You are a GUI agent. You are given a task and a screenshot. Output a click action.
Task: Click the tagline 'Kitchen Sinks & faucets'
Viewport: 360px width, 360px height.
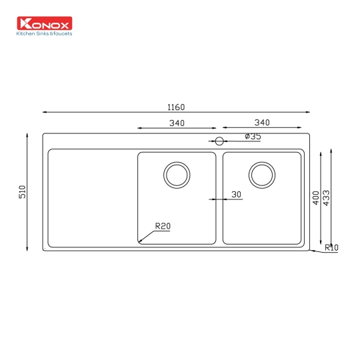(x=44, y=33)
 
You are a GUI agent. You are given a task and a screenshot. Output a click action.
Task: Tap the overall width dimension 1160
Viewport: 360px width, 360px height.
(x=176, y=107)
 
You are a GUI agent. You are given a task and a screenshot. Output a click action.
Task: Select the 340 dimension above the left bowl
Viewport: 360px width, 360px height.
(x=177, y=123)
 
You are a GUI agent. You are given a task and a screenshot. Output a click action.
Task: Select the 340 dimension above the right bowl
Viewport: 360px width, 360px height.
(x=262, y=123)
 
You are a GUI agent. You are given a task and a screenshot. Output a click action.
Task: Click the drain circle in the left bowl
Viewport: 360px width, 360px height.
(x=177, y=175)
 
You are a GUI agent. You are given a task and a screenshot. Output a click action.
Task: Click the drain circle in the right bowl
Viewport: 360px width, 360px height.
(x=262, y=175)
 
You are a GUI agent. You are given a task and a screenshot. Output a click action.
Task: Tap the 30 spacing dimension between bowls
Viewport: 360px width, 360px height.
(x=236, y=195)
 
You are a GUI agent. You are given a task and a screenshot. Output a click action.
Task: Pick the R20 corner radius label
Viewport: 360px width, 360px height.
(x=163, y=227)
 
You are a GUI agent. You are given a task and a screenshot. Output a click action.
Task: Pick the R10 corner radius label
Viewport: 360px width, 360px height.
(x=331, y=248)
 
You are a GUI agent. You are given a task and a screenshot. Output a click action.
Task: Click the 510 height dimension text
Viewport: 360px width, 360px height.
(x=21, y=192)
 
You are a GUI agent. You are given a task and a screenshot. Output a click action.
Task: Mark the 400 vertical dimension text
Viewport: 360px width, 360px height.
(x=315, y=197)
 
